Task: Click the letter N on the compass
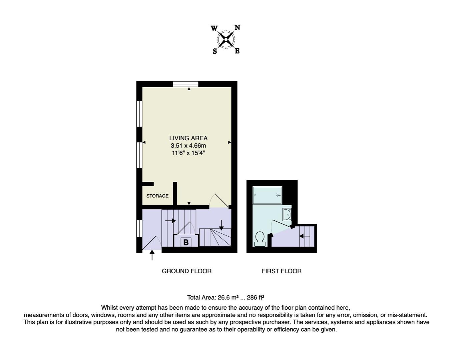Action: point(237,28)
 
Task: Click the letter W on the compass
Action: point(214,28)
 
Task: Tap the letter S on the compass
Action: point(215,51)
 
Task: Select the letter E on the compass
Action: point(237,51)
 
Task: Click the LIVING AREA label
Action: point(188,138)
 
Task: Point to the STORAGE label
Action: point(157,196)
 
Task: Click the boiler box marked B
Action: point(186,242)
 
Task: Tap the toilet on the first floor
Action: point(260,239)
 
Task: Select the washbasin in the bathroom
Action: point(287,214)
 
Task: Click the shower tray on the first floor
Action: point(267,195)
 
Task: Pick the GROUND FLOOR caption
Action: point(186,271)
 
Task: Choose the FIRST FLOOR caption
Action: point(281,271)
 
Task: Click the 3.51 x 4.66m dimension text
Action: point(188,146)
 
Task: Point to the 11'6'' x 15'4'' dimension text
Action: point(188,153)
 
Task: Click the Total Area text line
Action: point(225,298)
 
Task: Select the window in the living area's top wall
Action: point(185,84)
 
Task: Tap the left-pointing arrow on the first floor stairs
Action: point(305,236)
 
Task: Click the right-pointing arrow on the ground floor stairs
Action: point(170,221)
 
